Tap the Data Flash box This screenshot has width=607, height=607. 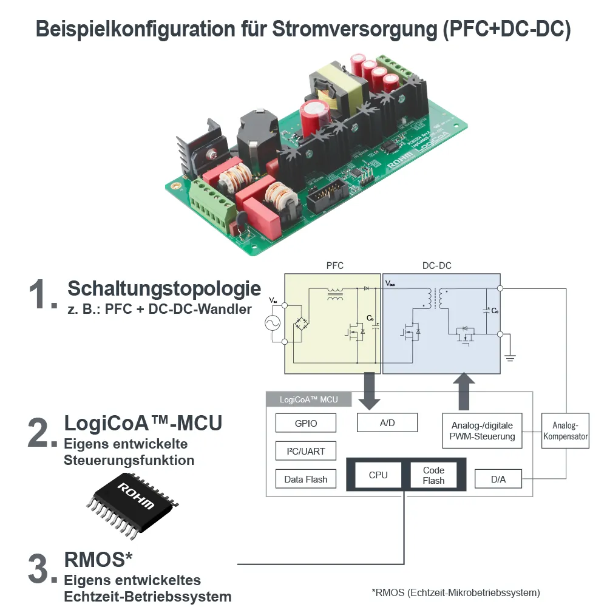[305, 479]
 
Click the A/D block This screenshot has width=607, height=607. [387, 422]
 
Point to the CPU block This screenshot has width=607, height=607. [378, 475]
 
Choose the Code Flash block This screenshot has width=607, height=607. [433, 475]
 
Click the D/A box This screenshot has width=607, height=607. [498, 479]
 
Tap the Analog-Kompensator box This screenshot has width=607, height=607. [565, 431]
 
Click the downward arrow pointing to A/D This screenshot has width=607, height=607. [368, 392]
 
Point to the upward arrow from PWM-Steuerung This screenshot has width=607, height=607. [465, 392]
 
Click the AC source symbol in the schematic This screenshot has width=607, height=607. [270, 324]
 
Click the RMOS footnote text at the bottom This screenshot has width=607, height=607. [455, 592]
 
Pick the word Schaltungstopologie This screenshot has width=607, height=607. [164, 288]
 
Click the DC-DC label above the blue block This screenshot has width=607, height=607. [436, 266]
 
